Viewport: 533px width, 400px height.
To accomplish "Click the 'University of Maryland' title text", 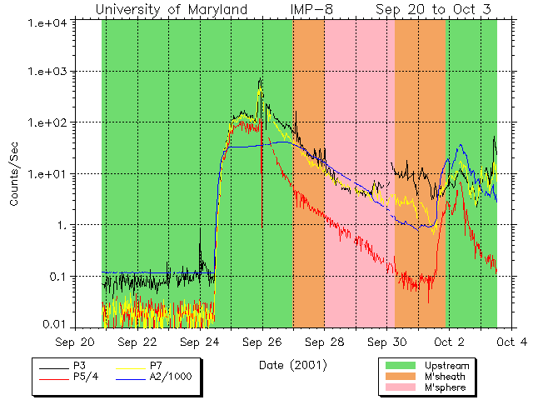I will tap(172, 9).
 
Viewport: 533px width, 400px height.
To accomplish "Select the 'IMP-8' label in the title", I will tap(312, 9).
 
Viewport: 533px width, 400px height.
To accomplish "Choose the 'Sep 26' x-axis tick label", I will tap(262, 342).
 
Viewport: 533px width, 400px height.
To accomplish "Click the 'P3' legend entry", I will tap(79, 365).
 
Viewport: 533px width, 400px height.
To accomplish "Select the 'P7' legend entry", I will tap(156, 365).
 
